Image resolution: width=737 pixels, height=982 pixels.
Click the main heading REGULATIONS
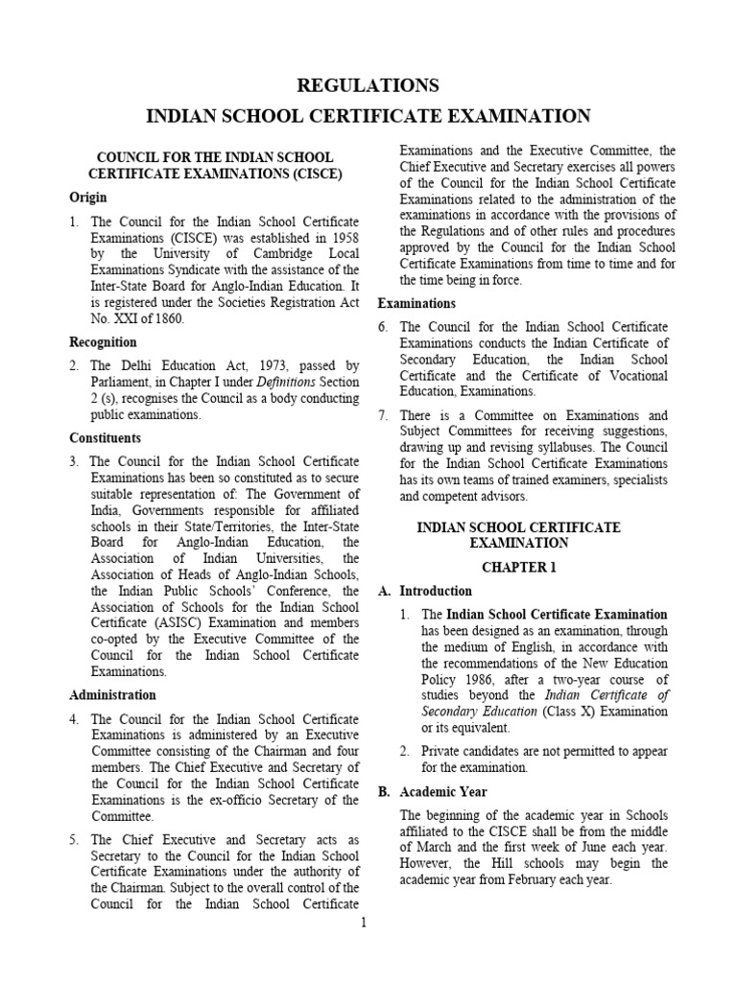[x=368, y=85]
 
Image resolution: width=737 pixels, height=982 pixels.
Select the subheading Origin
[x=88, y=198]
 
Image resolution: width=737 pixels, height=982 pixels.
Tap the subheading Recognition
[x=104, y=341]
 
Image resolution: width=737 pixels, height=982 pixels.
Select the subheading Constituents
[x=106, y=438]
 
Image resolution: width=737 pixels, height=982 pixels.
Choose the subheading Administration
[x=113, y=694]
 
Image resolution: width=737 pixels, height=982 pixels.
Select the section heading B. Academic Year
[x=433, y=792]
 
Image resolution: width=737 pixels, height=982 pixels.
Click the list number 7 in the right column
[x=383, y=415]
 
